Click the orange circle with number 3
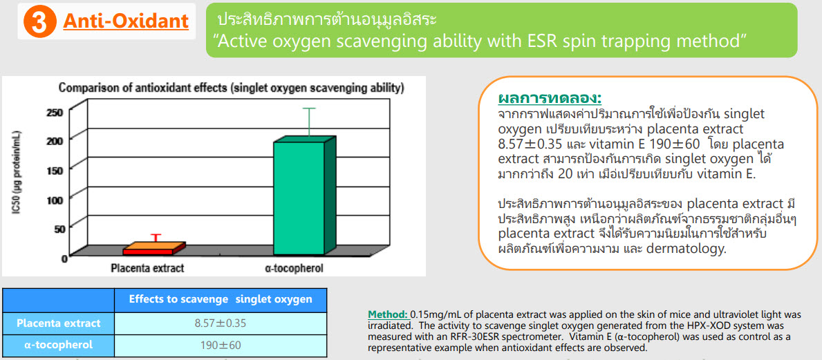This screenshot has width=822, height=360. point(40,21)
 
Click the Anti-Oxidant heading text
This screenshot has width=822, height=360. point(126,21)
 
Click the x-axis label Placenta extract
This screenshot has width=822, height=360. point(147,268)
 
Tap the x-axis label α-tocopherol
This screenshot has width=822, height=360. point(294,268)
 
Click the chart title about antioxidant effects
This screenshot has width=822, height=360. point(231,88)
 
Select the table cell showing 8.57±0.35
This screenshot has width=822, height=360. point(220,323)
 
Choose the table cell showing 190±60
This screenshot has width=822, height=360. point(220,345)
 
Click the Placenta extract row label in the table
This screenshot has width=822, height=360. point(58,323)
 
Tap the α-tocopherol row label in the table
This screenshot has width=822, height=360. point(58,345)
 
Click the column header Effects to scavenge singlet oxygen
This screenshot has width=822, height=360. point(220,300)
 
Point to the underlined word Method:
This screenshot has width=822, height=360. point(388,314)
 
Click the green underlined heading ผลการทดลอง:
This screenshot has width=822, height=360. point(549,99)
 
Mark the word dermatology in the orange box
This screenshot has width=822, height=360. point(686,248)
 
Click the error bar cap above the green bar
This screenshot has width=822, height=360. point(308,108)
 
